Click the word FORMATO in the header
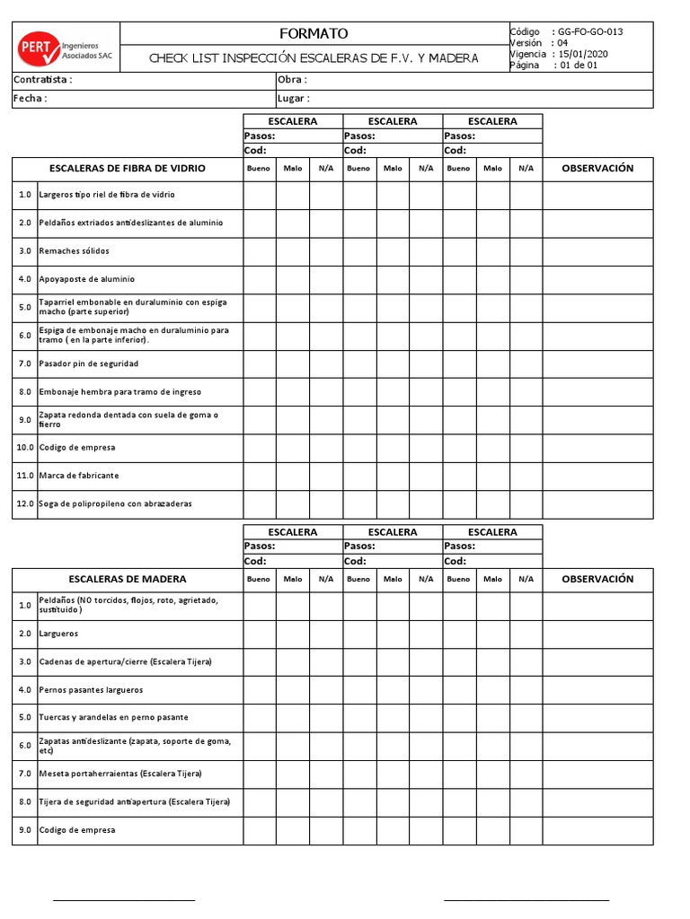314,33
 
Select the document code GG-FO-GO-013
590,31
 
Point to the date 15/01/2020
583,54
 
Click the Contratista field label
43,80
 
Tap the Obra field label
293,80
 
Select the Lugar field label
295,99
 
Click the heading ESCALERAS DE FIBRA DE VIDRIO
127,168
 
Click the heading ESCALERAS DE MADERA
127,579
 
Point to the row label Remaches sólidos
74,251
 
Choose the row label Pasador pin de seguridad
88,363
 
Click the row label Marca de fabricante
79,476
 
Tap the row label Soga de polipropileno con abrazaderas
115,503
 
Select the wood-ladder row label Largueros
58,634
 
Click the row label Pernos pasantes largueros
91,690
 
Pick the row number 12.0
24,503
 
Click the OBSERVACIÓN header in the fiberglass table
597,168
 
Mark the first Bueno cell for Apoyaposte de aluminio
259,279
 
